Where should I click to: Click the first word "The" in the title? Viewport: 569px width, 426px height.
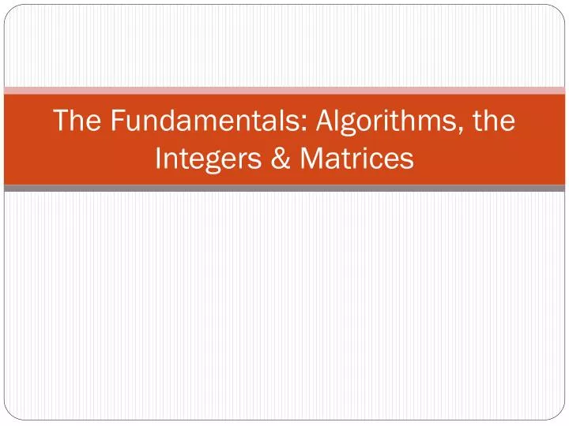[x=77, y=121]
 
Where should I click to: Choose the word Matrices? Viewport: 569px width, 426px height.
[x=357, y=159]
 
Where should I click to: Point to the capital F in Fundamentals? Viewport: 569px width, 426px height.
[x=117, y=121]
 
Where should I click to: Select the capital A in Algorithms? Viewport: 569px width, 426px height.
[x=324, y=121]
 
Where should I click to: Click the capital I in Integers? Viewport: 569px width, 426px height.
[x=159, y=159]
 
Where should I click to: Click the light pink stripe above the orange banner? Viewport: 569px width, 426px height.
[x=284, y=91]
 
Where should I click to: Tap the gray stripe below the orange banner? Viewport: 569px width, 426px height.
[x=284, y=189]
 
